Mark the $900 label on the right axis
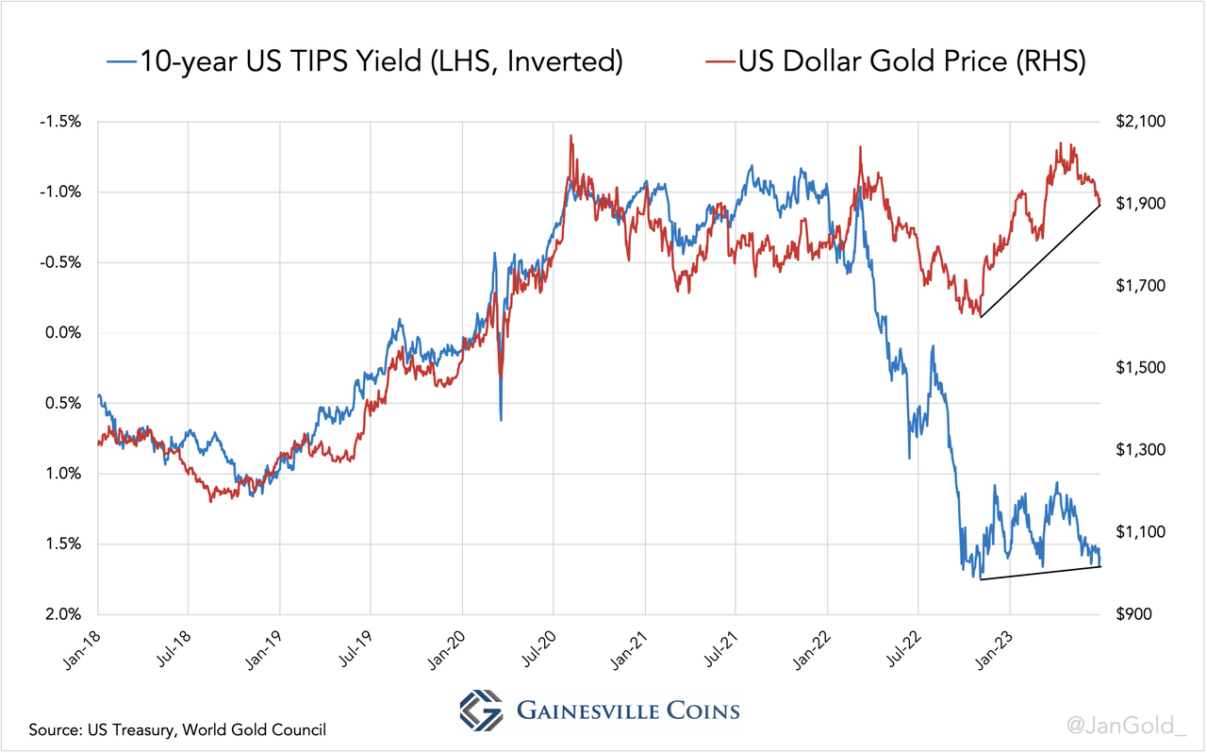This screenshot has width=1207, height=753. [1131, 614]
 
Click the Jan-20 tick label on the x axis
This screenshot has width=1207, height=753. [450, 650]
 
